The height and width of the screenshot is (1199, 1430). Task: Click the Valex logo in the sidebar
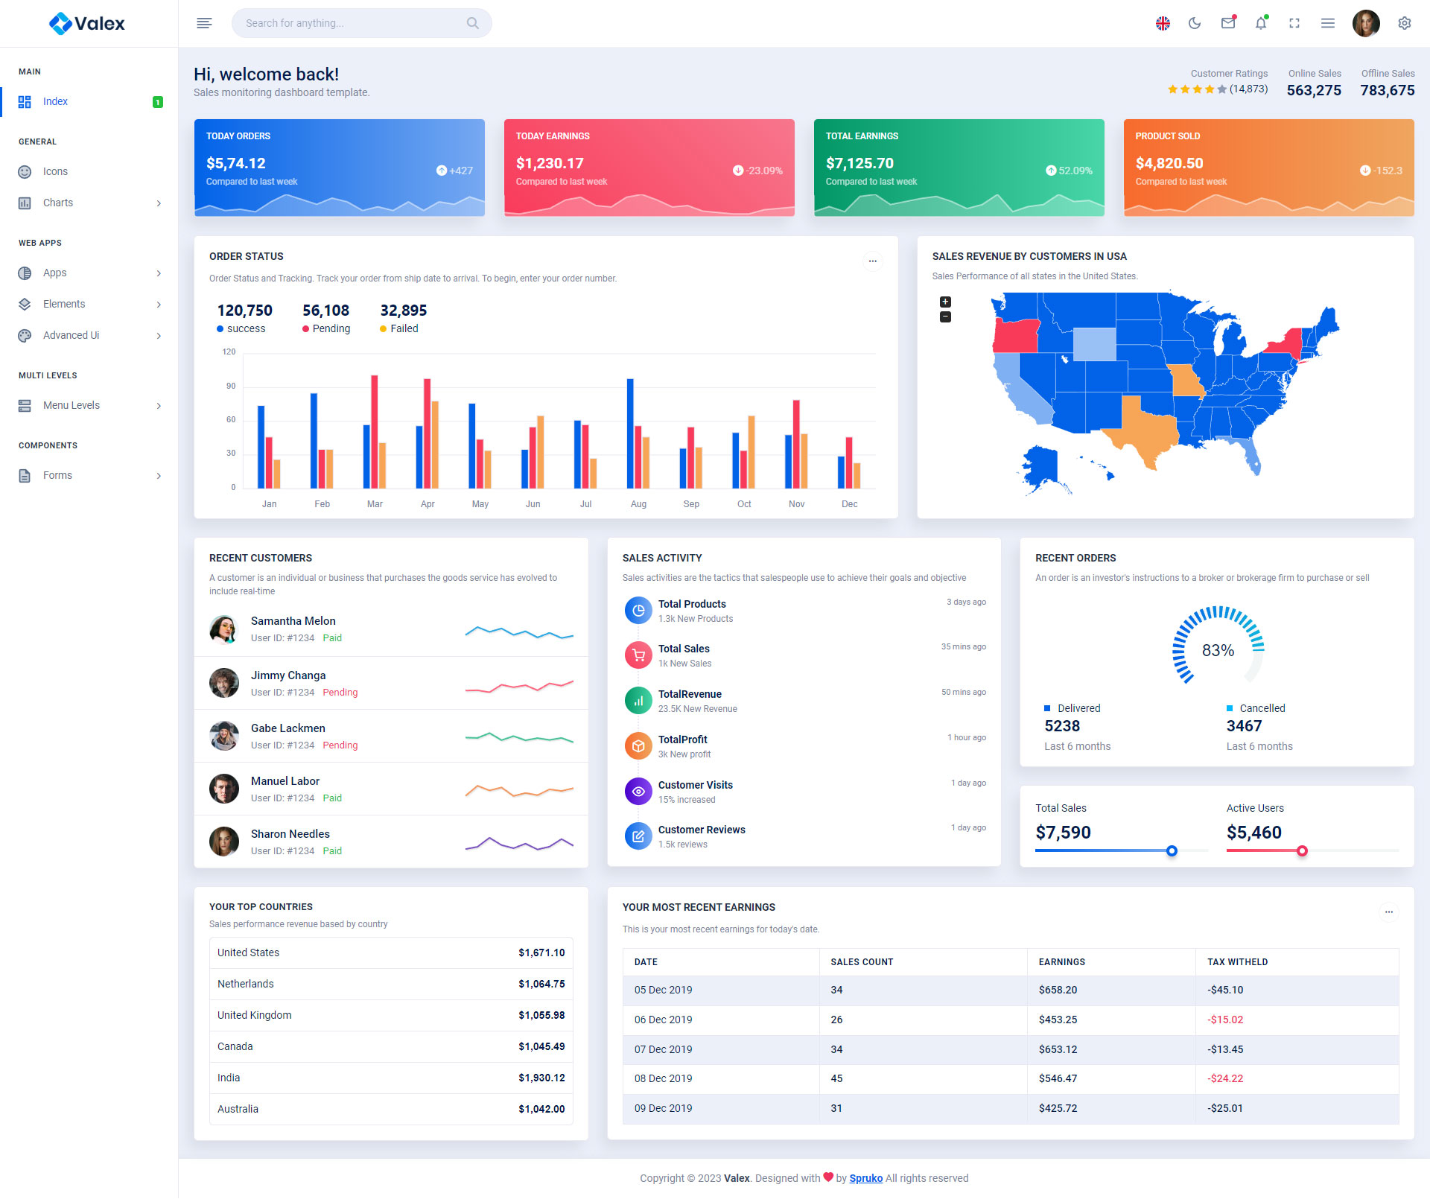[x=87, y=24]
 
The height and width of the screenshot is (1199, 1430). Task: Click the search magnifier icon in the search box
[x=472, y=23]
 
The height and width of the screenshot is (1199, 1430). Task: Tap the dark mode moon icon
[x=1195, y=23]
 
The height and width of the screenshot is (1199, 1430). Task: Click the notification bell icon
[x=1260, y=23]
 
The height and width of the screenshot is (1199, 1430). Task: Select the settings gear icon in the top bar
[x=1404, y=23]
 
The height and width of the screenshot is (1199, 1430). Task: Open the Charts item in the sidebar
[x=58, y=203]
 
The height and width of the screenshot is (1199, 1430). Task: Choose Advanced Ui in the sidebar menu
[x=71, y=335]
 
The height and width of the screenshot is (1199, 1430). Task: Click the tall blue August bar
[x=630, y=433]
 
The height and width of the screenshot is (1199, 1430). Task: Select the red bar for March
[x=374, y=431]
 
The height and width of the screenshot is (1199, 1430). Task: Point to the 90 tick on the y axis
[x=231, y=386]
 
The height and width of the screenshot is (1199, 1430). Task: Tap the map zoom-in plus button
[x=945, y=302]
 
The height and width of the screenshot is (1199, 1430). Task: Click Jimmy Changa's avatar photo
[x=223, y=682]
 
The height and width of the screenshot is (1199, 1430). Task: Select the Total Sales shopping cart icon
[x=638, y=655]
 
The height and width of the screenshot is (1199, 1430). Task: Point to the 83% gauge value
[x=1218, y=650]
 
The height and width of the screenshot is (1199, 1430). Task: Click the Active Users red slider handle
[x=1302, y=850]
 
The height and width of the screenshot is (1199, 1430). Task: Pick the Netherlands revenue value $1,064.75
[x=541, y=984]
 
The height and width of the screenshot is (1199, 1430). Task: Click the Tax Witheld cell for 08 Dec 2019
[x=1225, y=1078]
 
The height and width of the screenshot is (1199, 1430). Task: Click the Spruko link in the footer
[x=865, y=1178]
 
